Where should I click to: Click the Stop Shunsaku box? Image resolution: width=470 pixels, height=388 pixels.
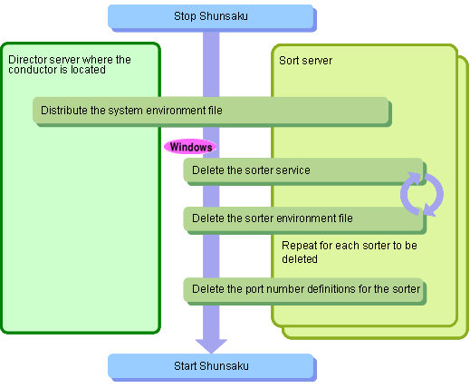coord(211,16)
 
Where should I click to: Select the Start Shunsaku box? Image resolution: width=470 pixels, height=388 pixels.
coord(211,366)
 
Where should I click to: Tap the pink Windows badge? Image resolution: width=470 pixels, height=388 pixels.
coord(190,147)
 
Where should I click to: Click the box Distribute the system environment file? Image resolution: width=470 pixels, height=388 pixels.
coord(211,111)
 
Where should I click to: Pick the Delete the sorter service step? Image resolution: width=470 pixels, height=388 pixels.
coord(303,170)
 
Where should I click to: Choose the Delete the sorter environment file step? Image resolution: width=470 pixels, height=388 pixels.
coord(303,218)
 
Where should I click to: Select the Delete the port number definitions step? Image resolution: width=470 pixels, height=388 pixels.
coord(303,289)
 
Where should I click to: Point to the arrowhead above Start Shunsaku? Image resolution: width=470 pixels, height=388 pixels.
coord(211,346)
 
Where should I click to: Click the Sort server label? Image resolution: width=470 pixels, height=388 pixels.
coord(305,61)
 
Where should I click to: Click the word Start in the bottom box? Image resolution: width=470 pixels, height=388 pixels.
coord(185,366)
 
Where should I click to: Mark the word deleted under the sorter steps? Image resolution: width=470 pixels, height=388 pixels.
coord(300,259)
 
